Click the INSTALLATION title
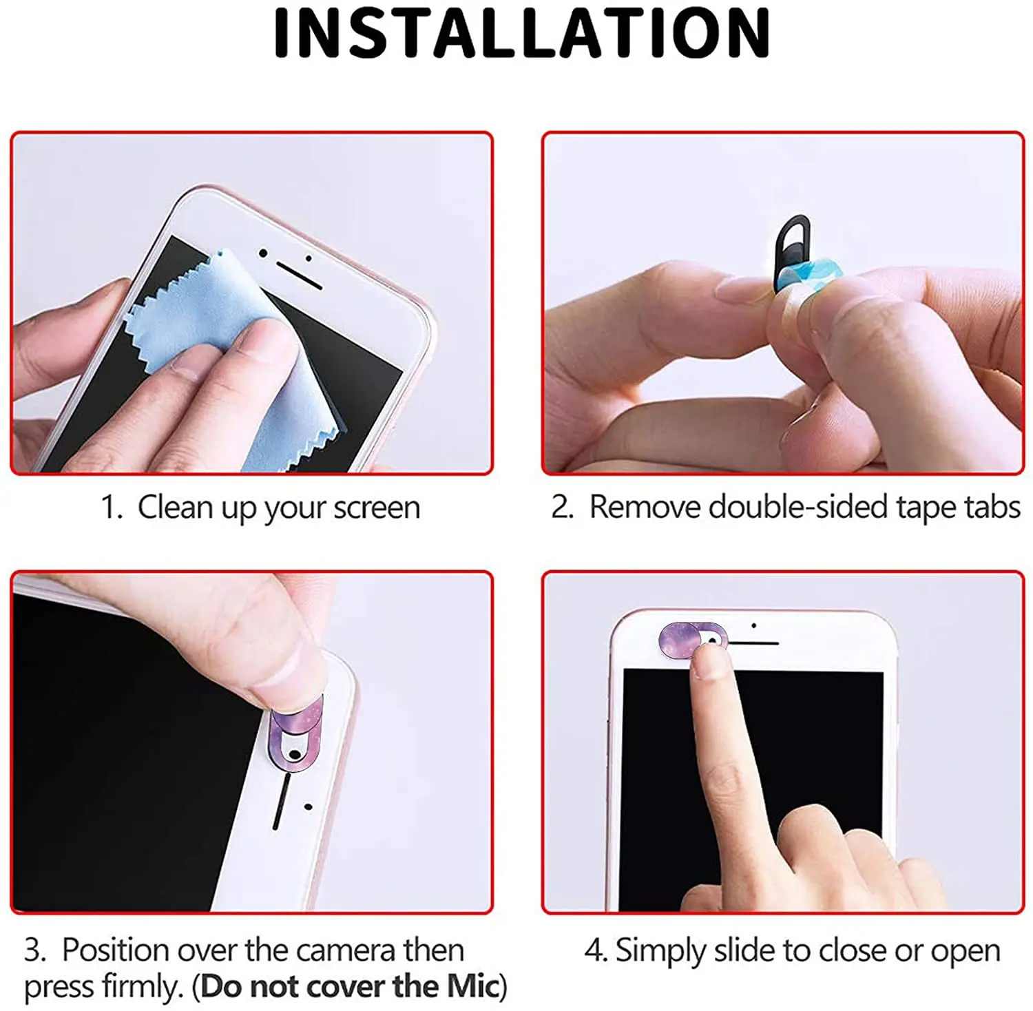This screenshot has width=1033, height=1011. pos(521,33)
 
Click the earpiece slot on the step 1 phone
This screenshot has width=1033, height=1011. pos(299,275)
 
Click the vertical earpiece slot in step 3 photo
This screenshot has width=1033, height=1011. pos(280,802)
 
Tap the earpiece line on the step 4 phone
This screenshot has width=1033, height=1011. pos(753,643)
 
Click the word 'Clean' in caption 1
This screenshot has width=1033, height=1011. pos(175,508)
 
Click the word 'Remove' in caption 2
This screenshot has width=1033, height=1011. pos(645,508)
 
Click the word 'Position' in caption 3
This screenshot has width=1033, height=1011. pos(115,950)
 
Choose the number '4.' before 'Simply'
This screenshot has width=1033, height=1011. pos(595,950)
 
